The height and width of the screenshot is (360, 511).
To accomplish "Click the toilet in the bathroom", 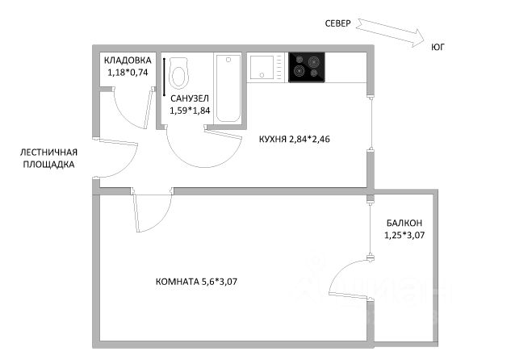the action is tap(179, 73).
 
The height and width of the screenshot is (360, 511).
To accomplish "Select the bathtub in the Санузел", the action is tap(228, 89).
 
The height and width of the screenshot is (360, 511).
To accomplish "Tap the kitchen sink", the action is tap(262, 67).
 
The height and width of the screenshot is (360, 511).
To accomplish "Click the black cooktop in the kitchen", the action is tap(307, 68).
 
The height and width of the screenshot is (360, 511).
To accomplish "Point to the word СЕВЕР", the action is tap(337, 23).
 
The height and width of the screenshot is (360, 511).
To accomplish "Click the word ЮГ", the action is tap(438, 48).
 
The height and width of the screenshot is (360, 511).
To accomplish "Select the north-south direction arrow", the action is tap(390, 33).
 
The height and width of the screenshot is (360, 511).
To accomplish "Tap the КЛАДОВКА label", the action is tap(128, 61).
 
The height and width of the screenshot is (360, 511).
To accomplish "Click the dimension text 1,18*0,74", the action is tap(128, 73).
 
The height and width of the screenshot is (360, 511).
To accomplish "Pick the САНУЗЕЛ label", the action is tap(190, 98).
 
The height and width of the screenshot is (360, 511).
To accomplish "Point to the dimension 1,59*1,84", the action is tap(190, 111).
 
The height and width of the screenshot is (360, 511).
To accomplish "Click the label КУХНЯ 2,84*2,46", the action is tap(295, 139).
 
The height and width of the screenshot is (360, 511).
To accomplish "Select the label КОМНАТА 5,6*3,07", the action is tap(196, 282).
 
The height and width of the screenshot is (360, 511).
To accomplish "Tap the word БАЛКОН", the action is tap(404, 223).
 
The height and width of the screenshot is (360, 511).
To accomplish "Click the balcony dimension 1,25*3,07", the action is tap(404, 235).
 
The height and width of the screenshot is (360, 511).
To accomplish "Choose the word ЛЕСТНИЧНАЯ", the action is tap(49, 152).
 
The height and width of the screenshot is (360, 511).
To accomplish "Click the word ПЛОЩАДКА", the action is tap(48, 165).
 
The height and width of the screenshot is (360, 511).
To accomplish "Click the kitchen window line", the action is tap(371, 123).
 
